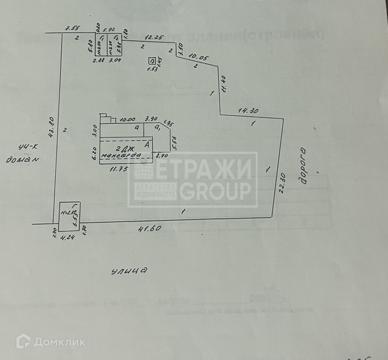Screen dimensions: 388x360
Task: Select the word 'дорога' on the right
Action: [304, 167]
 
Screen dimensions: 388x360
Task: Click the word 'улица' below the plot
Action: [130, 271]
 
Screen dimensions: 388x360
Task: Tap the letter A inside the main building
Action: [147, 144]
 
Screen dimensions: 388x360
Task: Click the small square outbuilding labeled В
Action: [152, 61]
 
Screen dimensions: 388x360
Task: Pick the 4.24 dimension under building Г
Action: [67, 237]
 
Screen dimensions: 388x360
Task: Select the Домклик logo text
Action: [59, 341]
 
